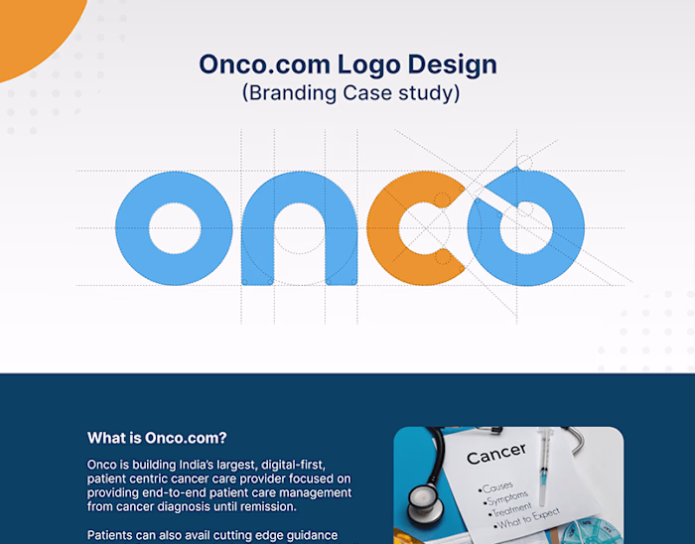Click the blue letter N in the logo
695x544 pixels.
click(299, 227)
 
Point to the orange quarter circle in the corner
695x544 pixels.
click(35, 30)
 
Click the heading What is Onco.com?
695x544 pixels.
click(157, 438)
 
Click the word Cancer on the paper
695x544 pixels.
click(495, 457)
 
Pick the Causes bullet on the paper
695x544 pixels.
click(496, 486)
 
